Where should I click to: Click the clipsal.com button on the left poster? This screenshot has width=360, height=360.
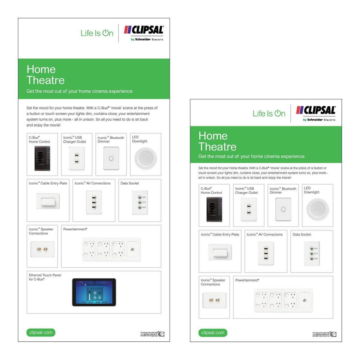[x=41, y=332]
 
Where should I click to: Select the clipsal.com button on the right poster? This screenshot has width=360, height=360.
[x=213, y=332]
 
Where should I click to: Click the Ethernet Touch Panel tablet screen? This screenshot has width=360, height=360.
[x=94, y=292]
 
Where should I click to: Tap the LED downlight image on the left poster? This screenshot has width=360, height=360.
[x=145, y=158]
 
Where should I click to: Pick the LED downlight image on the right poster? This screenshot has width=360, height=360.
[x=317, y=209]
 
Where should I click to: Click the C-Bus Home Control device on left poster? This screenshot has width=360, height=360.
[x=42, y=158]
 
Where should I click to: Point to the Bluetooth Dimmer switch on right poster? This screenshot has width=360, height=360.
[x=283, y=209]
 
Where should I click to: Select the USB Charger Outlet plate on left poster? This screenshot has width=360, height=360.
[x=76, y=158]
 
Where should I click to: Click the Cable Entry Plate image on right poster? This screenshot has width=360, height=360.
[x=220, y=252]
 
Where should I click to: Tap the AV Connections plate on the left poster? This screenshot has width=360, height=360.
[x=94, y=202]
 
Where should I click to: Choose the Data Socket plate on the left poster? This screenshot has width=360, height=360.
[x=140, y=202]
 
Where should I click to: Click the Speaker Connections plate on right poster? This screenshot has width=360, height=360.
[x=214, y=300]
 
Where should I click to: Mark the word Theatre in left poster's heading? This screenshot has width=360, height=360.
[x=46, y=80]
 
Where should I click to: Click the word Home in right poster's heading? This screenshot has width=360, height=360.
[x=213, y=136]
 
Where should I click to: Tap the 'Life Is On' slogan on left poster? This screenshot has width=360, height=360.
[x=97, y=33]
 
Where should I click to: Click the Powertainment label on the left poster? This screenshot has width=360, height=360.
[x=75, y=229]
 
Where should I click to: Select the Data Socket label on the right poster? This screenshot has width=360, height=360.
[x=301, y=235]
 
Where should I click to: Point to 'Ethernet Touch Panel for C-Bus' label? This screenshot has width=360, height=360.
[x=45, y=277]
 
